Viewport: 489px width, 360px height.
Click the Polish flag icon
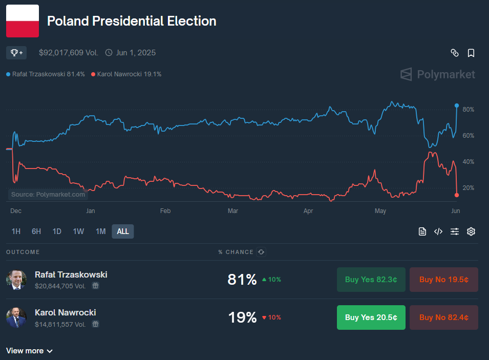[x=23, y=21]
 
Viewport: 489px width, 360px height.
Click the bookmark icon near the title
[x=471, y=53]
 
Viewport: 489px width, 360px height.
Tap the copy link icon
[x=454, y=53]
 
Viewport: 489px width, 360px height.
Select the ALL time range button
[x=123, y=231]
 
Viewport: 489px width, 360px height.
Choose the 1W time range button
[x=78, y=231]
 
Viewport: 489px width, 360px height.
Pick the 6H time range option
[x=36, y=231]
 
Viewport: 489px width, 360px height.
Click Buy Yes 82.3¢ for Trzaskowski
[x=371, y=280]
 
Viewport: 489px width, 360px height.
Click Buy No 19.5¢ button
[x=443, y=280]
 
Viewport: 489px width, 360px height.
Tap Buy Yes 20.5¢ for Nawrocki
[x=371, y=317]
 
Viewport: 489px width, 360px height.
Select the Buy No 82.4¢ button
[x=443, y=317]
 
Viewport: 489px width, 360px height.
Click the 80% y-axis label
[x=468, y=110]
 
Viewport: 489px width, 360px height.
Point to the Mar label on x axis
[x=233, y=211]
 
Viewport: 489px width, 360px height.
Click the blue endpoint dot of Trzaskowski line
[x=457, y=105]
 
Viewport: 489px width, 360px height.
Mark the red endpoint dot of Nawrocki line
[x=457, y=195]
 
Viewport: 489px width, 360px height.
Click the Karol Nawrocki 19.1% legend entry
[x=126, y=74]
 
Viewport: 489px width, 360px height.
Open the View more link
[x=29, y=351]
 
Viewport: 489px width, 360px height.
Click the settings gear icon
[x=471, y=231]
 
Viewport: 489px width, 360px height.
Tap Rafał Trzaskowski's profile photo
[x=16, y=280]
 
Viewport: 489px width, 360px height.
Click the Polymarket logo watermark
[x=438, y=75]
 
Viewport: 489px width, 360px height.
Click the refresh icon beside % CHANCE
[x=261, y=252]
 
